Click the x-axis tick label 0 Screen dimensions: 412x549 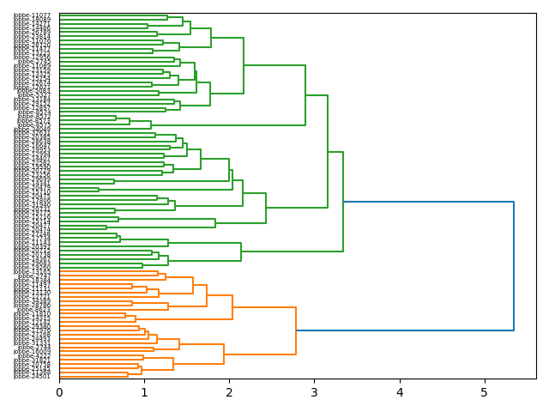pyautogui.click(x=59, y=392)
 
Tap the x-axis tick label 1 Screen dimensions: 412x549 pyautogui.click(x=144, y=392)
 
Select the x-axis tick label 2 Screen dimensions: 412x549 pyautogui.click(x=229, y=392)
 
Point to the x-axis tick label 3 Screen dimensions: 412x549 pyautogui.click(x=314, y=392)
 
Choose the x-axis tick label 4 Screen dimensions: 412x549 pyautogui.click(x=399, y=392)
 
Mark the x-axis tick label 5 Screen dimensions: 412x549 pyautogui.click(x=484, y=392)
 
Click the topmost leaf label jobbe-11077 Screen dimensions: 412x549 pyautogui.click(x=33, y=15)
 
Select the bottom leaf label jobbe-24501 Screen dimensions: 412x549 pyautogui.click(x=33, y=376)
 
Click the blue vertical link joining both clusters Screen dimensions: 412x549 pyautogui.click(x=514, y=266)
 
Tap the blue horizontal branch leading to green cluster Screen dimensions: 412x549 pyautogui.click(x=429, y=202)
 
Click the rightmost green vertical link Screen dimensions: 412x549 pyautogui.click(x=343, y=202)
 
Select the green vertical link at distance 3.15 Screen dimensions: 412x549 pyautogui.click(x=328, y=151)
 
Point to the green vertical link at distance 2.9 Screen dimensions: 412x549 pyautogui.click(x=305, y=95)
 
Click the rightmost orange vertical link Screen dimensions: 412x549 pyautogui.click(x=296, y=330)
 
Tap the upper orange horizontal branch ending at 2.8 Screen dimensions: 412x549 pyautogui.click(x=264, y=307)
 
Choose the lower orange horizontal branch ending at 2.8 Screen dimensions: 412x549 pyautogui.click(x=260, y=354)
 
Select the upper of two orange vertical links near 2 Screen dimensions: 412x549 pyautogui.click(x=232, y=307)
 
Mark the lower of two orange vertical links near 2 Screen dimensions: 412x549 pyautogui.click(x=224, y=354)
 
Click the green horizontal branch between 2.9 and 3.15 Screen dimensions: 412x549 pyautogui.click(x=317, y=95)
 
